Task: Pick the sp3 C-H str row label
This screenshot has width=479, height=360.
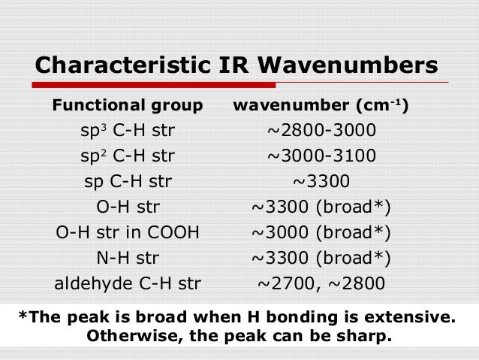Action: [x=128, y=132]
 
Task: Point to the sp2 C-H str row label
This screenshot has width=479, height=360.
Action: [x=128, y=156]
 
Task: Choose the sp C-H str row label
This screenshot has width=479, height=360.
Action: [x=128, y=182]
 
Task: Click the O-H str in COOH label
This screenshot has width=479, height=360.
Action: [x=128, y=232]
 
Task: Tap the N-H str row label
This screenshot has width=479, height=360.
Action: [x=128, y=258]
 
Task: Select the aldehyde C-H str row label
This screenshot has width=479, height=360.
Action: [x=128, y=283]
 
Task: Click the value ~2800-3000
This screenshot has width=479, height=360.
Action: [x=321, y=132]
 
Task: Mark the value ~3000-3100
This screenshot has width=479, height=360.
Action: [x=321, y=156]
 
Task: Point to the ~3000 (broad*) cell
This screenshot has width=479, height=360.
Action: [x=321, y=232]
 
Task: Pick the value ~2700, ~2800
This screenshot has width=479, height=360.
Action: [x=321, y=283]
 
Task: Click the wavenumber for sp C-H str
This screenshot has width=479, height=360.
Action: [x=321, y=182]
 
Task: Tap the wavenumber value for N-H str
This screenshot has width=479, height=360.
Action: [x=321, y=258]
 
